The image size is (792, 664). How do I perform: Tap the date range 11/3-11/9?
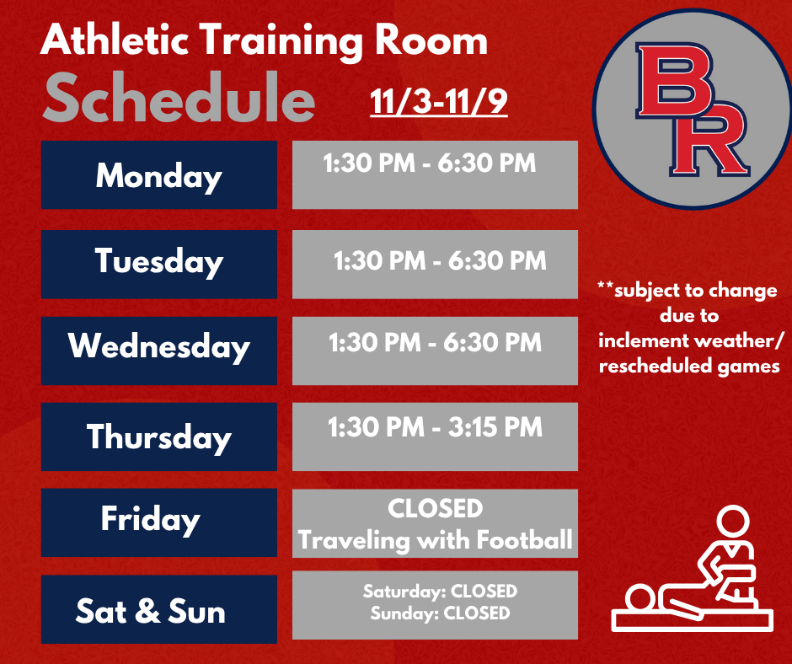point(438,101)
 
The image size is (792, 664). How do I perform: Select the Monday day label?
point(158,176)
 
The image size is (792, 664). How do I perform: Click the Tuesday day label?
point(158,261)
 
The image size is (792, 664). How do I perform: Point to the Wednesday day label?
point(158,347)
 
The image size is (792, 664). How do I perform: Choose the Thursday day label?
point(158,436)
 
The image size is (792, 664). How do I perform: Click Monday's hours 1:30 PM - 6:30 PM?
point(429,162)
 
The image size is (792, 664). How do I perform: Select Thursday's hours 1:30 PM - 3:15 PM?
point(435,427)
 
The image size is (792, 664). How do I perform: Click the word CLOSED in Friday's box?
point(435,509)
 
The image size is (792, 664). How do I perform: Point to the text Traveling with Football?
point(435,539)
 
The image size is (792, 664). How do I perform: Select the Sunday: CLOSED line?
point(440,613)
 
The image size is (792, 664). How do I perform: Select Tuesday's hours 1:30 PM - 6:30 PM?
point(440,260)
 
